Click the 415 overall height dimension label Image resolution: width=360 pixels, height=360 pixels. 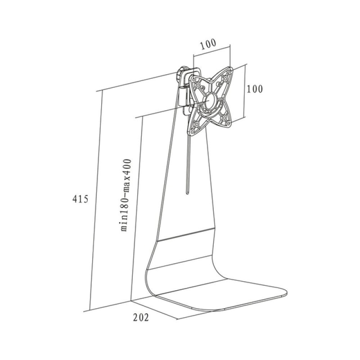(x=80, y=199)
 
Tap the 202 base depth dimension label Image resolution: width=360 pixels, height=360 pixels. (x=141, y=317)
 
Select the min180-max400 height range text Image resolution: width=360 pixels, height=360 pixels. (x=126, y=195)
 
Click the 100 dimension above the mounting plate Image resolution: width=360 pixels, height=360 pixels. (x=208, y=44)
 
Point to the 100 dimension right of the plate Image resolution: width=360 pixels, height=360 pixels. (x=254, y=89)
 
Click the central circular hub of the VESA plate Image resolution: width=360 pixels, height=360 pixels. (x=211, y=100)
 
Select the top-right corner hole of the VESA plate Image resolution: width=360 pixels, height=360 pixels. (x=230, y=72)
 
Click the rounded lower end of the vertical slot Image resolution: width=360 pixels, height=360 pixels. (x=188, y=193)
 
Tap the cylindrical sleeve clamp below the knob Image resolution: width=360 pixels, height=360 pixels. (x=183, y=96)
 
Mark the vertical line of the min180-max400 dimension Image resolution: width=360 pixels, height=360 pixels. (x=137, y=209)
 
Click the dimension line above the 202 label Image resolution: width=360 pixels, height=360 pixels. (x=154, y=310)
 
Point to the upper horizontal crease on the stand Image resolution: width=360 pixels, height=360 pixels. (x=186, y=234)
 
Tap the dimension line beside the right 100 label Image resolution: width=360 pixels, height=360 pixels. (x=245, y=91)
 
